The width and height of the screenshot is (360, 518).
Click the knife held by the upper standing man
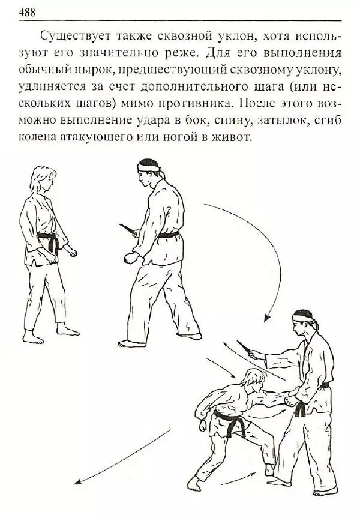point(128,229)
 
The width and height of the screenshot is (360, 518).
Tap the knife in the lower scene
point(246,349)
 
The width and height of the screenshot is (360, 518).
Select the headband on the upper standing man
point(149,163)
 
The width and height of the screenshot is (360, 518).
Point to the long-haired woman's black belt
point(47,240)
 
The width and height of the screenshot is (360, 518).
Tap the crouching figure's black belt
point(231,420)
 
